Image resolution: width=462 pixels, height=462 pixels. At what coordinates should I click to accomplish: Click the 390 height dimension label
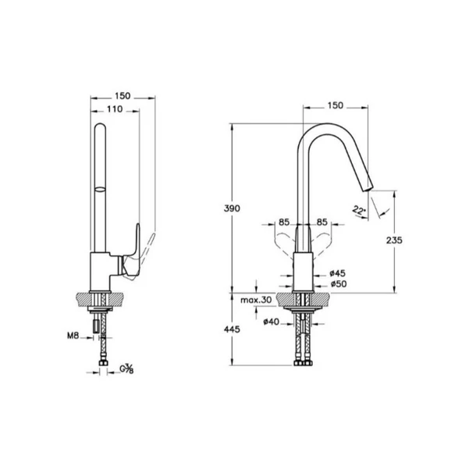pos(231,208)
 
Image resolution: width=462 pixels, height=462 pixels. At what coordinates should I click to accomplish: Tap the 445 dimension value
pos(231,329)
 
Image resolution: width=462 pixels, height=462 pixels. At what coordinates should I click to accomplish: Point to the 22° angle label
pos(358,210)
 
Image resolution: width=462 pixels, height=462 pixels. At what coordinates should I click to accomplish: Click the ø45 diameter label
pos(337,272)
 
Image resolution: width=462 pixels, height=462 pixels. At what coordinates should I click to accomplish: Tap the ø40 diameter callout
pos(271,321)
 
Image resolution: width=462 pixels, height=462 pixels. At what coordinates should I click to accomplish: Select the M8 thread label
pos(72,337)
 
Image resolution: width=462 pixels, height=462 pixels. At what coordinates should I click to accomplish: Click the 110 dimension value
pos(115,111)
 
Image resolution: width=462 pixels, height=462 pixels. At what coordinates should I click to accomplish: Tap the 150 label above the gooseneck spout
pos(335,104)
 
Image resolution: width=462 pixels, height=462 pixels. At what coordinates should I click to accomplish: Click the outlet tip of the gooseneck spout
pos(367,185)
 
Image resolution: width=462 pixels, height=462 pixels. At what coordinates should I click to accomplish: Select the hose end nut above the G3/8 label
pos(101,361)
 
